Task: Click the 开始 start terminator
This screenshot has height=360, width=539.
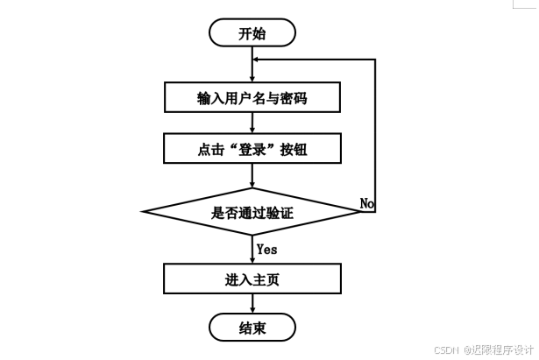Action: click(x=252, y=33)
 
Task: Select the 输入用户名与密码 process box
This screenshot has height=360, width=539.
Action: click(x=252, y=97)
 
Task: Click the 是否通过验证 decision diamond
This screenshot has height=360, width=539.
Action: click(x=252, y=212)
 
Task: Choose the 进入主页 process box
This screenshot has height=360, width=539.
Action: click(x=252, y=280)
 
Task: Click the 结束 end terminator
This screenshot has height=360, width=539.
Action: click(x=252, y=328)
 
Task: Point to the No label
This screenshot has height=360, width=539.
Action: click(x=367, y=203)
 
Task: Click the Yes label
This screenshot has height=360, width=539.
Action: click(x=267, y=250)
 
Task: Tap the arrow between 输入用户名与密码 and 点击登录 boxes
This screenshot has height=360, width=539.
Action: click(x=252, y=123)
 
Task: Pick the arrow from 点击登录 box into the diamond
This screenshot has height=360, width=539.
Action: click(x=252, y=175)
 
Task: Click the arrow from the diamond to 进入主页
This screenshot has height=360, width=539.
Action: click(x=252, y=251)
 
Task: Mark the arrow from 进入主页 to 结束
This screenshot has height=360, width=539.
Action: click(x=252, y=304)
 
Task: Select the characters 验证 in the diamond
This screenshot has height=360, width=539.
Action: click(x=280, y=212)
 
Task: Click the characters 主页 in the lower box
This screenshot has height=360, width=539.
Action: click(x=266, y=280)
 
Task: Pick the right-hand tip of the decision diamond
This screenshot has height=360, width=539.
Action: click(x=362, y=212)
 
